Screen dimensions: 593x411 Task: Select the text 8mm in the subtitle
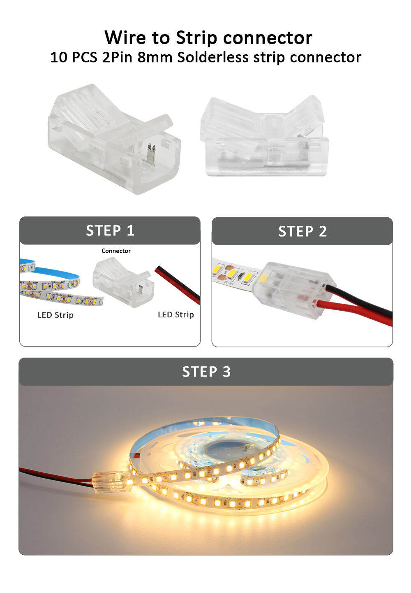155,57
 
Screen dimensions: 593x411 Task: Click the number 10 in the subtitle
59,57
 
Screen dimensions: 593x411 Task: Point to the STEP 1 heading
110,230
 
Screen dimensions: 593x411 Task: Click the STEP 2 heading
302,231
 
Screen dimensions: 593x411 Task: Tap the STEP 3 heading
206,372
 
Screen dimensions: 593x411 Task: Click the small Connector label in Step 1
116,251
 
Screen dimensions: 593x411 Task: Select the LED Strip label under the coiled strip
55,315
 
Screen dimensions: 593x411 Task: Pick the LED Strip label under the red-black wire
175,314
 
